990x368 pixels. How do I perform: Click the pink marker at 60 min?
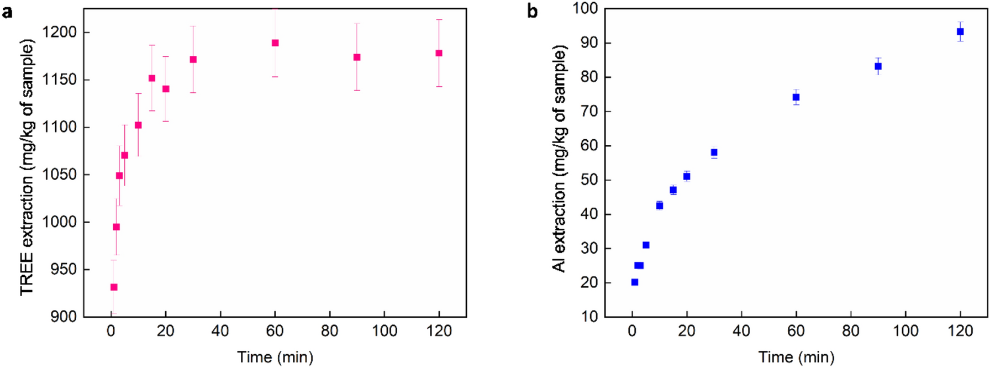[x=275, y=43]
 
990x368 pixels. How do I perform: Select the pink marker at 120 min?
[x=439, y=54]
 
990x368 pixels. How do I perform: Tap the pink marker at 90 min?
[x=357, y=57]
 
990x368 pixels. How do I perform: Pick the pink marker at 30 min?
[x=193, y=60]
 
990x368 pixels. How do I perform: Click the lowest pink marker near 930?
[x=114, y=287]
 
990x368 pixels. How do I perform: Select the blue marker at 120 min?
[x=960, y=32]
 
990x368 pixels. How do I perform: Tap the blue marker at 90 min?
[x=878, y=66]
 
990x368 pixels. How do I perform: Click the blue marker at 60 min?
[x=796, y=97]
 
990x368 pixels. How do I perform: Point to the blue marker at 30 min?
[x=714, y=153]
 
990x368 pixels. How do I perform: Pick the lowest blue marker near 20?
[x=635, y=282]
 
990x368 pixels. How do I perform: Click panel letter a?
[x=7, y=12]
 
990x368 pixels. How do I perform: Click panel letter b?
[x=533, y=12]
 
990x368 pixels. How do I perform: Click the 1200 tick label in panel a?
[x=59, y=33]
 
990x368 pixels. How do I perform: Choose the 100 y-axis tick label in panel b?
[x=585, y=8]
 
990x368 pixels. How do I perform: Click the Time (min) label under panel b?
[x=796, y=358]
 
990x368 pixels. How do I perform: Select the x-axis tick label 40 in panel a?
[x=220, y=332]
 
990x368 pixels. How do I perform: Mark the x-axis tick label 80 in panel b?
[x=851, y=332]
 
